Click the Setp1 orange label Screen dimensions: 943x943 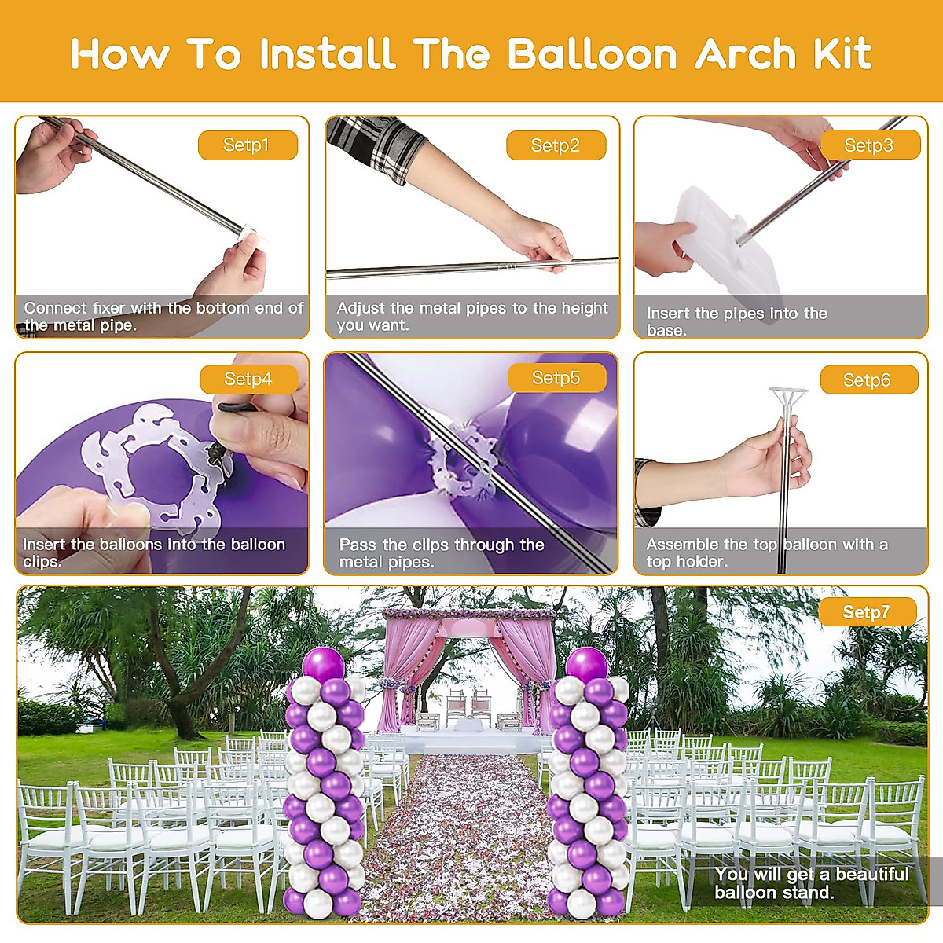click(248, 145)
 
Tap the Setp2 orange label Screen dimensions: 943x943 click(556, 145)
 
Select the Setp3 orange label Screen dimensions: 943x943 click(870, 145)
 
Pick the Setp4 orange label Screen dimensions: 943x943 click(249, 380)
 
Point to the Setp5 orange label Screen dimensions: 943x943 click(557, 378)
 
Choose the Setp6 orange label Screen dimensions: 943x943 click(869, 380)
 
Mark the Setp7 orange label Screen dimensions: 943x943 click(867, 611)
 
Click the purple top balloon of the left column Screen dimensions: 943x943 click(323, 664)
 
